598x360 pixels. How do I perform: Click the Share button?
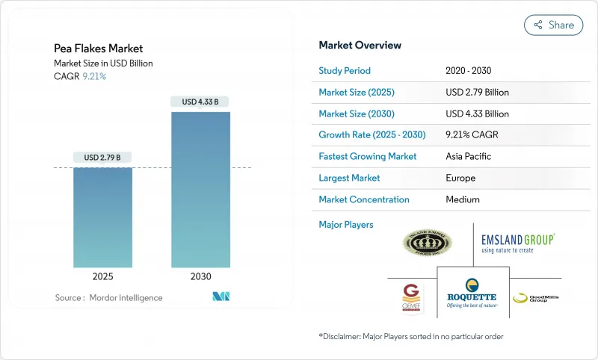coord(553,25)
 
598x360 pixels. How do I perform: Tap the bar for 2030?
coord(200,190)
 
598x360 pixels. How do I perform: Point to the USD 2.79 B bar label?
coord(103,157)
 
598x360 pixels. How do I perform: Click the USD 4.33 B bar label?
coord(200,102)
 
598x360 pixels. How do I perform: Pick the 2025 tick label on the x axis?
coord(103,276)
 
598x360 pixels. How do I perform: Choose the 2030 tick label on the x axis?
coord(200,276)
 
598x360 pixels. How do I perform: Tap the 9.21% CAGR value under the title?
coord(93,76)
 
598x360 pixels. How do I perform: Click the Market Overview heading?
coord(360,45)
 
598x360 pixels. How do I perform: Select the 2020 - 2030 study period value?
coord(469,71)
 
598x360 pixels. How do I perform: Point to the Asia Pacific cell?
coord(469,157)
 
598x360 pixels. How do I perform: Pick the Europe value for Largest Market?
coord(460,178)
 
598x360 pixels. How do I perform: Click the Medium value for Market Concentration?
coord(463,199)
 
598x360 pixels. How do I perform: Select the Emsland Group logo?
coord(517,243)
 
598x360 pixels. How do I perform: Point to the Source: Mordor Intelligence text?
coord(108,298)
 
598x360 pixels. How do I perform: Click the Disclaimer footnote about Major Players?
coord(410,336)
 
